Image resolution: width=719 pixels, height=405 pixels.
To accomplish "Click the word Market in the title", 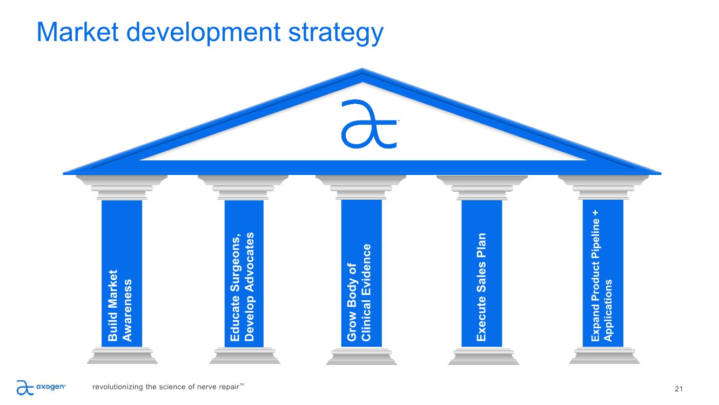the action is (78, 32).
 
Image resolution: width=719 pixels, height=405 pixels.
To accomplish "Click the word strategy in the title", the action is (336, 33).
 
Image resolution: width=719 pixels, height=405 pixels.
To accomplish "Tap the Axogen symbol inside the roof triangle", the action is (369, 124).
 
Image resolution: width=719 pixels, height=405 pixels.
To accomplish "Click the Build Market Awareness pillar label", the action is (120, 306).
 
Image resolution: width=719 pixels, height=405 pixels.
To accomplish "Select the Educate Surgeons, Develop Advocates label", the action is (243, 287).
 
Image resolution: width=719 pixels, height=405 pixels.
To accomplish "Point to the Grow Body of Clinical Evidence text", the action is (359, 292).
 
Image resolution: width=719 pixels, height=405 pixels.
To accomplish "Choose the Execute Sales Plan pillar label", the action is (481, 287).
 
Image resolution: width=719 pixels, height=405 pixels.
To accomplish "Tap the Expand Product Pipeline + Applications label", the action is (602, 275).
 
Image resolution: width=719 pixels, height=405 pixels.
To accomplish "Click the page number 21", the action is (678, 389).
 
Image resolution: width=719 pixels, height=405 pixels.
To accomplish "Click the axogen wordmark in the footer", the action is (51, 387).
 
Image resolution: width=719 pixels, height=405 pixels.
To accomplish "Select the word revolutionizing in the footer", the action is (118, 387).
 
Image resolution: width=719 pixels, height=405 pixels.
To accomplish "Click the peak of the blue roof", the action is (362, 69).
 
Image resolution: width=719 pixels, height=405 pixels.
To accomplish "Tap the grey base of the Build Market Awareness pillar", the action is (122, 355).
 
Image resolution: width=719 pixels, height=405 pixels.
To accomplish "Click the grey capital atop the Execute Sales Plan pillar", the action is (482, 188).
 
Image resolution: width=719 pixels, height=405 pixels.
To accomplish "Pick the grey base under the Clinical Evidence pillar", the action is (361, 356).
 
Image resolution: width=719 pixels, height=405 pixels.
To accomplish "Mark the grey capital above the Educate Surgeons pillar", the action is (243, 188).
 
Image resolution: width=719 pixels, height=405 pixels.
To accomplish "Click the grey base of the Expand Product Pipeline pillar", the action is (604, 355).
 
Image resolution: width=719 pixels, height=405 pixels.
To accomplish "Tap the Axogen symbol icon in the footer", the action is (25, 387).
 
